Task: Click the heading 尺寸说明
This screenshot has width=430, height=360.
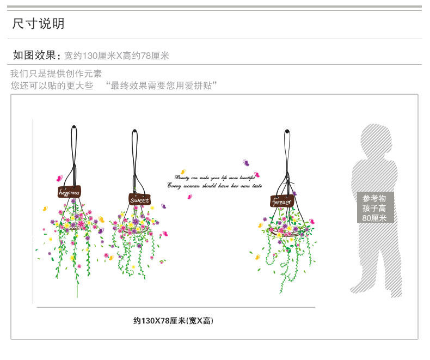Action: tap(39, 23)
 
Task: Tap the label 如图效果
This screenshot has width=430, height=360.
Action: tap(34, 55)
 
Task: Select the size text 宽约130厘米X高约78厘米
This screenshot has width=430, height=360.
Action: tap(116, 56)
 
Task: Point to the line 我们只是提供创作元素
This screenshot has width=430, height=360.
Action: tap(56, 74)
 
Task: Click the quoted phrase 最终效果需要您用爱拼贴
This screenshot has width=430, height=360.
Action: tap(162, 86)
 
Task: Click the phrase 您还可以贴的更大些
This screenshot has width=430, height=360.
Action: tap(52, 86)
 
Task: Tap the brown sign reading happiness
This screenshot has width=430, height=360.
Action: tap(69, 192)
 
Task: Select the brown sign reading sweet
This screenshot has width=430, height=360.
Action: tap(139, 199)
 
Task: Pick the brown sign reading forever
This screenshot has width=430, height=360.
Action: tap(281, 202)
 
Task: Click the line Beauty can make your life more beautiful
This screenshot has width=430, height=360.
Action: tap(214, 178)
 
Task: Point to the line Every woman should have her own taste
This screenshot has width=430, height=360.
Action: tap(214, 186)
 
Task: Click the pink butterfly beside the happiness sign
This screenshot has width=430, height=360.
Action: tap(59, 178)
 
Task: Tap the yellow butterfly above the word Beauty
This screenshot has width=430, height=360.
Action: tap(183, 170)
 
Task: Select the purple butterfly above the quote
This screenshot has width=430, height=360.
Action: tap(246, 162)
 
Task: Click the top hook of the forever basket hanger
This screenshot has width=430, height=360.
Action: tap(287, 131)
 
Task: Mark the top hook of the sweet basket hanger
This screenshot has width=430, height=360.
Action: tap(134, 132)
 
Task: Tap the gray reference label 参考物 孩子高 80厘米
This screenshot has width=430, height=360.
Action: tap(374, 208)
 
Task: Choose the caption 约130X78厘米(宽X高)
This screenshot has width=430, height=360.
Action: tap(174, 321)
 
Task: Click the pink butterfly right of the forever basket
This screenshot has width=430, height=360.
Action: tap(312, 222)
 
